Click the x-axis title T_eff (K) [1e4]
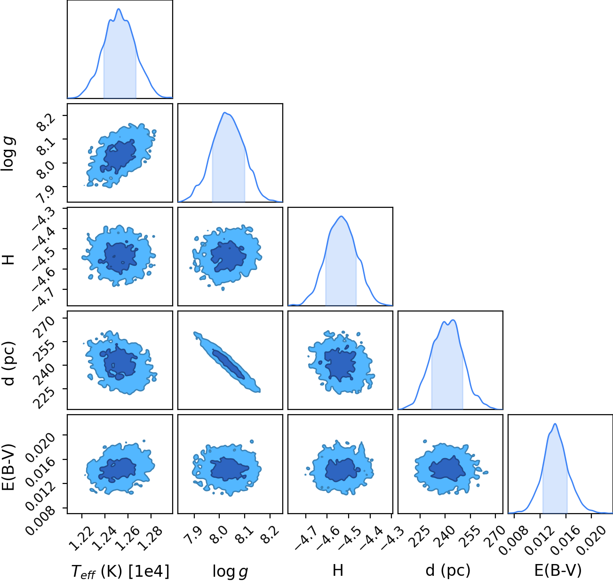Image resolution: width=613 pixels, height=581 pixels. [120, 571]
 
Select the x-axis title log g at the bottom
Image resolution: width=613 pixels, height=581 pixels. [230, 572]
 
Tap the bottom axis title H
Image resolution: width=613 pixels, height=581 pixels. [338, 570]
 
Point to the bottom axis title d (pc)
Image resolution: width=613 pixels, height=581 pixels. [448, 571]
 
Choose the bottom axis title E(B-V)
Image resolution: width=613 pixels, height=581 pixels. [558, 571]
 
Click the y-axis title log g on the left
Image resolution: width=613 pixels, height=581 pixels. [8, 153]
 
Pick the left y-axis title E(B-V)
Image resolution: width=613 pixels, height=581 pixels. [8, 466]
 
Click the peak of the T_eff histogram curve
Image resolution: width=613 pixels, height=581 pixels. [119, 9]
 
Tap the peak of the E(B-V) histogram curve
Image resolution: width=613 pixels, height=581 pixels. [555, 424]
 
